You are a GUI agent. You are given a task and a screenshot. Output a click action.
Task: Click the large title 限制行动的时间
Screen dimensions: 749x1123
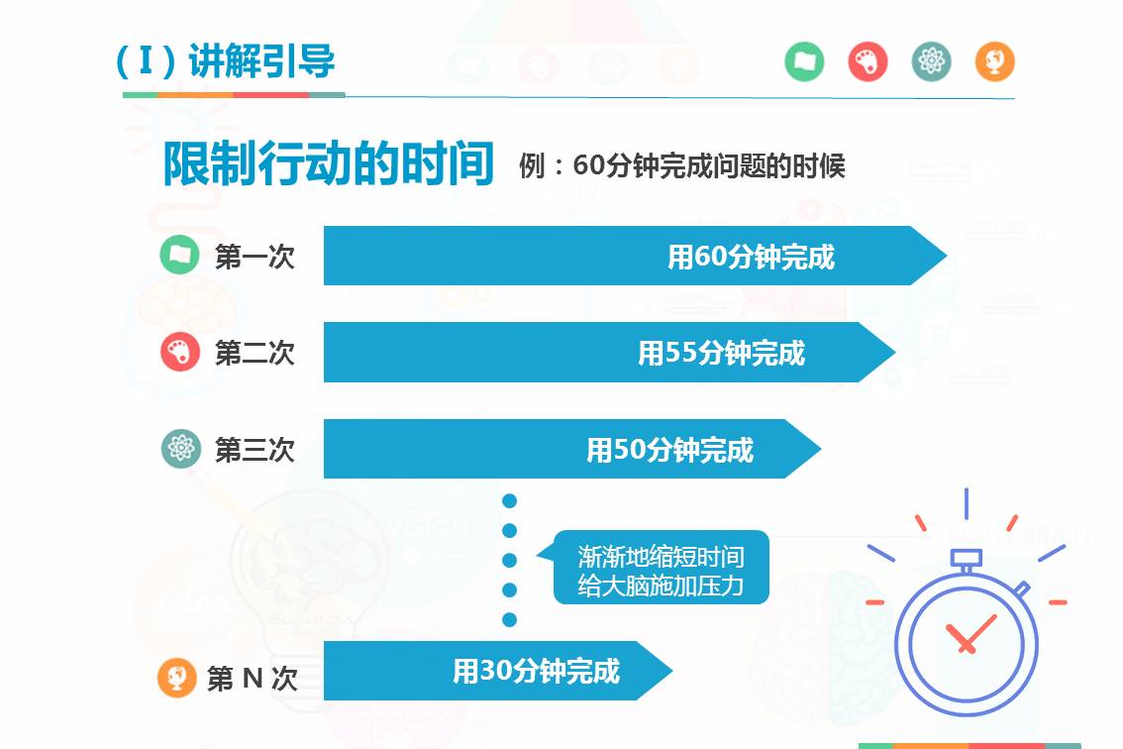328,164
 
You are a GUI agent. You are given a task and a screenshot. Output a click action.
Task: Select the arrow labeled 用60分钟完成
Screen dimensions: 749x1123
634,257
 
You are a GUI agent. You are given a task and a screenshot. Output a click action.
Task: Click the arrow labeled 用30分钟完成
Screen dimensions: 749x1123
495,672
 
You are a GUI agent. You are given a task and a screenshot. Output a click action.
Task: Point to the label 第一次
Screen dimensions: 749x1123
255,258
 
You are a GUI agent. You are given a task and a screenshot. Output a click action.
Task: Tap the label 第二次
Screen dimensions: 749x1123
255,353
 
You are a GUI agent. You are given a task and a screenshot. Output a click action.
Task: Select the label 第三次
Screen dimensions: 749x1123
255,450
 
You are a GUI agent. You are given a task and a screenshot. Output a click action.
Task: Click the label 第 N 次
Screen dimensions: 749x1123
252,679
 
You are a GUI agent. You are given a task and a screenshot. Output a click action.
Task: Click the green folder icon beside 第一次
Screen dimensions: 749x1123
179,255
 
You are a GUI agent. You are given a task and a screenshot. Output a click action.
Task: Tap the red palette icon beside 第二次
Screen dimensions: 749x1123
179,352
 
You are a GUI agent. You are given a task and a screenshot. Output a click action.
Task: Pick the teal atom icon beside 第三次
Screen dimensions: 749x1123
180,449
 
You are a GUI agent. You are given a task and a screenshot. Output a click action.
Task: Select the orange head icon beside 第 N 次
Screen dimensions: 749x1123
176,678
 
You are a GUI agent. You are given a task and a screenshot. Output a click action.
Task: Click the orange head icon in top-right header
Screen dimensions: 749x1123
994,62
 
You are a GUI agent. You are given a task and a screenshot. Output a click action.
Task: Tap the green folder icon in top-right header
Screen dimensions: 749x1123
804,62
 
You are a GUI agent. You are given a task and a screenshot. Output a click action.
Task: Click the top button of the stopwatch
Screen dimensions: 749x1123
966,558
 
